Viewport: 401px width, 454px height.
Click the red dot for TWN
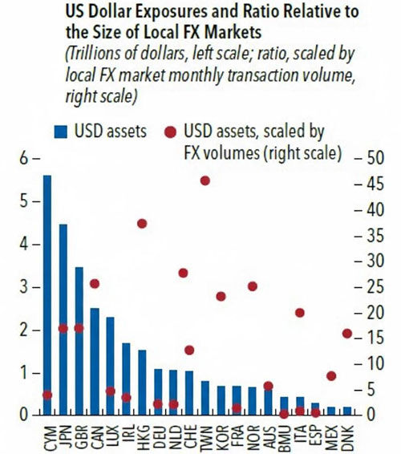click(x=205, y=180)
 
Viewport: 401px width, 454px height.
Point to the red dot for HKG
click(x=142, y=223)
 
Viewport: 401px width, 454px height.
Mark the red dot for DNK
click(x=347, y=333)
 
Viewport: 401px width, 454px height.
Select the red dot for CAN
click(x=95, y=283)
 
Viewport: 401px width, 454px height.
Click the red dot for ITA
click(x=300, y=313)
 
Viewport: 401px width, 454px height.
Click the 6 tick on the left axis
click(x=25, y=159)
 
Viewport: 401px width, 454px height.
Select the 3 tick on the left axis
click(x=25, y=287)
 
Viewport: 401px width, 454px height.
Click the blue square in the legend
click(x=59, y=131)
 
